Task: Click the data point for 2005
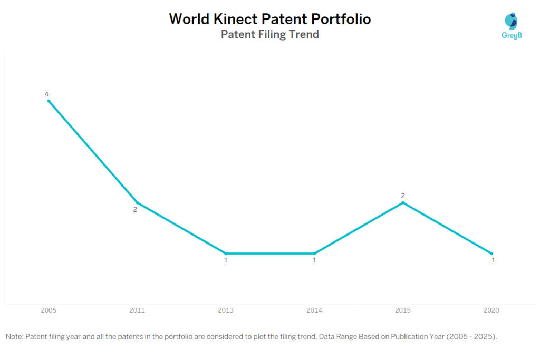pyautogui.click(x=49, y=101)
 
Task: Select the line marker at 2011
pyautogui.click(x=137, y=202)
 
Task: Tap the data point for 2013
pyautogui.click(x=226, y=254)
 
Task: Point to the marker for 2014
pyautogui.click(x=314, y=254)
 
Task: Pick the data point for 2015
pyautogui.click(x=403, y=202)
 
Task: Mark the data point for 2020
pyautogui.click(x=491, y=254)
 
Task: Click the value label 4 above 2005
pyautogui.click(x=46, y=94)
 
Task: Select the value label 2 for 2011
pyautogui.click(x=135, y=209)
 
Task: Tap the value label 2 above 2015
pyautogui.click(x=403, y=196)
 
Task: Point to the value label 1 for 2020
pyautogui.click(x=493, y=260)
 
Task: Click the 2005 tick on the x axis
pyautogui.click(x=49, y=310)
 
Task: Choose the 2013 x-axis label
pyautogui.click(x=226, y=310)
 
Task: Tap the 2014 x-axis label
pyautogui.click(x=314, y=310)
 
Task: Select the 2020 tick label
pyautogui.click(x=491, y=310)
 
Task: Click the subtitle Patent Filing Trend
pyautogui.click(x=269, y=35)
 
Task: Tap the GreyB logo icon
pyautogui.click(x=510, y=21)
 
